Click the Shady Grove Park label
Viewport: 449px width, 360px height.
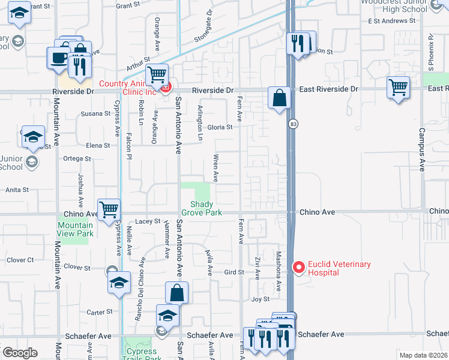[x=202, y=208]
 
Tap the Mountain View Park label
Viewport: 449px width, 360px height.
[x=75, y=229]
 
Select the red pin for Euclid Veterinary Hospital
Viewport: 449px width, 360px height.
[x=297, y=266]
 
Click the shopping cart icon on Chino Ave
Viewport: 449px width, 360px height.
[x=109, y=210]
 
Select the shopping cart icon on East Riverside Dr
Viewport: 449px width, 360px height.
[x=398, y=87]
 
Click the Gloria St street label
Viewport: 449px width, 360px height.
[x=220, y=127]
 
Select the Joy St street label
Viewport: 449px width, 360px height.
[x=260, y=299]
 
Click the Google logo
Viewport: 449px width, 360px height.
[x=20, y=353]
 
